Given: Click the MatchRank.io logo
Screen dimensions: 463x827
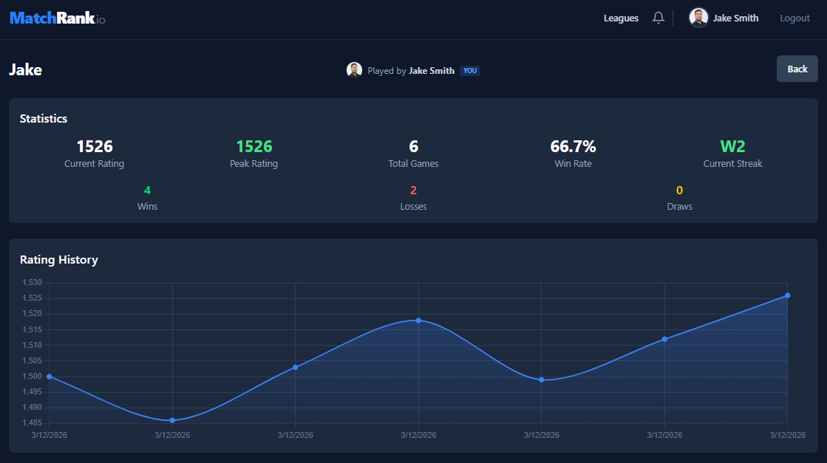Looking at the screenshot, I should pyautogui.click(x=57, y=18).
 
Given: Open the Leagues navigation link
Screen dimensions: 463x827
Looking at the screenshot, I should pyautogui.click(x=621, y=18).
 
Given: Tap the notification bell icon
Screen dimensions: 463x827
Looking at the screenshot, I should pyautogui.click(x=658, y=18).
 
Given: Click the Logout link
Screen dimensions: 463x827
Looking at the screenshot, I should pyautogui.click(x=794, y=18).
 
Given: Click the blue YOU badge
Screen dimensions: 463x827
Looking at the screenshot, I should pyautogui.click(x=470, y=71).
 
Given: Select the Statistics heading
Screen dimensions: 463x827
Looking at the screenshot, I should pyautogui.click(x=44, y=118).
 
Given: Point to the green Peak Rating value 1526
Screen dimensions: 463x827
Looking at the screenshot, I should pyautogui.click(x=253, y=146).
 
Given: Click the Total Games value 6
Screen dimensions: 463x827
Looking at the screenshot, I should pyautogui.click(x=413, y=146).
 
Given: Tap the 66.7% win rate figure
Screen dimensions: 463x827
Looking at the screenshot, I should pyautogui.click(x=573, y=146).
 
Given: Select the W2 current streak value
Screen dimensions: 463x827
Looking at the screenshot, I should pyautogui.click(x=732, y=146).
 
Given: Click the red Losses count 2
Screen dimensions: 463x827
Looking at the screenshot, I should pyautogui.click(x=413, y=191).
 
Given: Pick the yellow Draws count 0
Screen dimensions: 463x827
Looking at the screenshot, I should pyautogui.click(x=679, y=191).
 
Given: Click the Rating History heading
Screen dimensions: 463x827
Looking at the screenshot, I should pyautogui.click(x=58, y=260).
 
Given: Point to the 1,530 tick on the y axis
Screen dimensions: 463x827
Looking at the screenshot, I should pyautogui.click(x=33, y=283).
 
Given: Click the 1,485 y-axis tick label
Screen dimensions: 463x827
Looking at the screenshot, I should pyautogui.click(x=33, y=423).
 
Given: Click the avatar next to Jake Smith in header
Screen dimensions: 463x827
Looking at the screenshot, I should pyautogui.click(x=698, y=18).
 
